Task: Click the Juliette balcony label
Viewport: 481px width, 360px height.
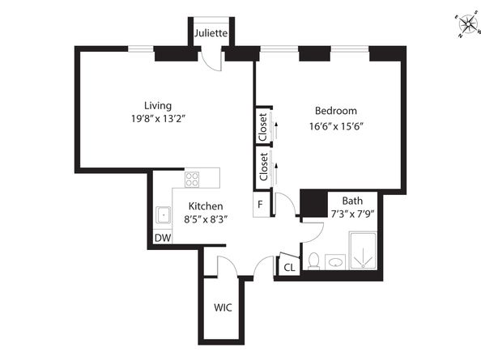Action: point(211,34)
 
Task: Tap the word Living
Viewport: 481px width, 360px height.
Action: point(157,106)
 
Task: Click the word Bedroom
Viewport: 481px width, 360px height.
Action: point(336,111)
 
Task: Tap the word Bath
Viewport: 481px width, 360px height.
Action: point(352,201)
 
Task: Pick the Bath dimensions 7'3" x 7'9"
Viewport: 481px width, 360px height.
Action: point(352,214)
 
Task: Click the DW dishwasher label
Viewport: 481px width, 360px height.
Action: point(162,238)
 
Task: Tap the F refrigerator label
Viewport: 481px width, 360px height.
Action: point(260,204)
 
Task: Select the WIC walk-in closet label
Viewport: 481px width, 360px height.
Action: point(223,307)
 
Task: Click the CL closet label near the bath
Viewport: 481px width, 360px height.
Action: point(288,268)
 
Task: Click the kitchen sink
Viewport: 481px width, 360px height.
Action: point(163,215)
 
